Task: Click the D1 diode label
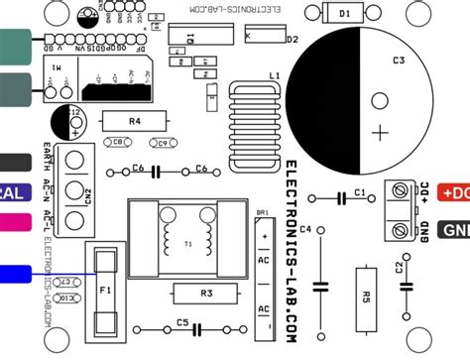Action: click(344, 14)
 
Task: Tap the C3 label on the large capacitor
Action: click(398, 60)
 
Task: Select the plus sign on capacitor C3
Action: click(379, 131)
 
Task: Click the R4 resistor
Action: click(135, 121)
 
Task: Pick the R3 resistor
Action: click(206, 294)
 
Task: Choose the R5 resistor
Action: click(366, 295)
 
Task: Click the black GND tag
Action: click(453, 230)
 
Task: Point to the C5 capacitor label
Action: click(182, 322)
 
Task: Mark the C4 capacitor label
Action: click(305, 230)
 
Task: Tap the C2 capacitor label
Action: click(398, 267)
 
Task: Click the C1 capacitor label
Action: click(361, 191)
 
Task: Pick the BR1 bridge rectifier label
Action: click(262, 213)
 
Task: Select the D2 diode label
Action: click(293, 40)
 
